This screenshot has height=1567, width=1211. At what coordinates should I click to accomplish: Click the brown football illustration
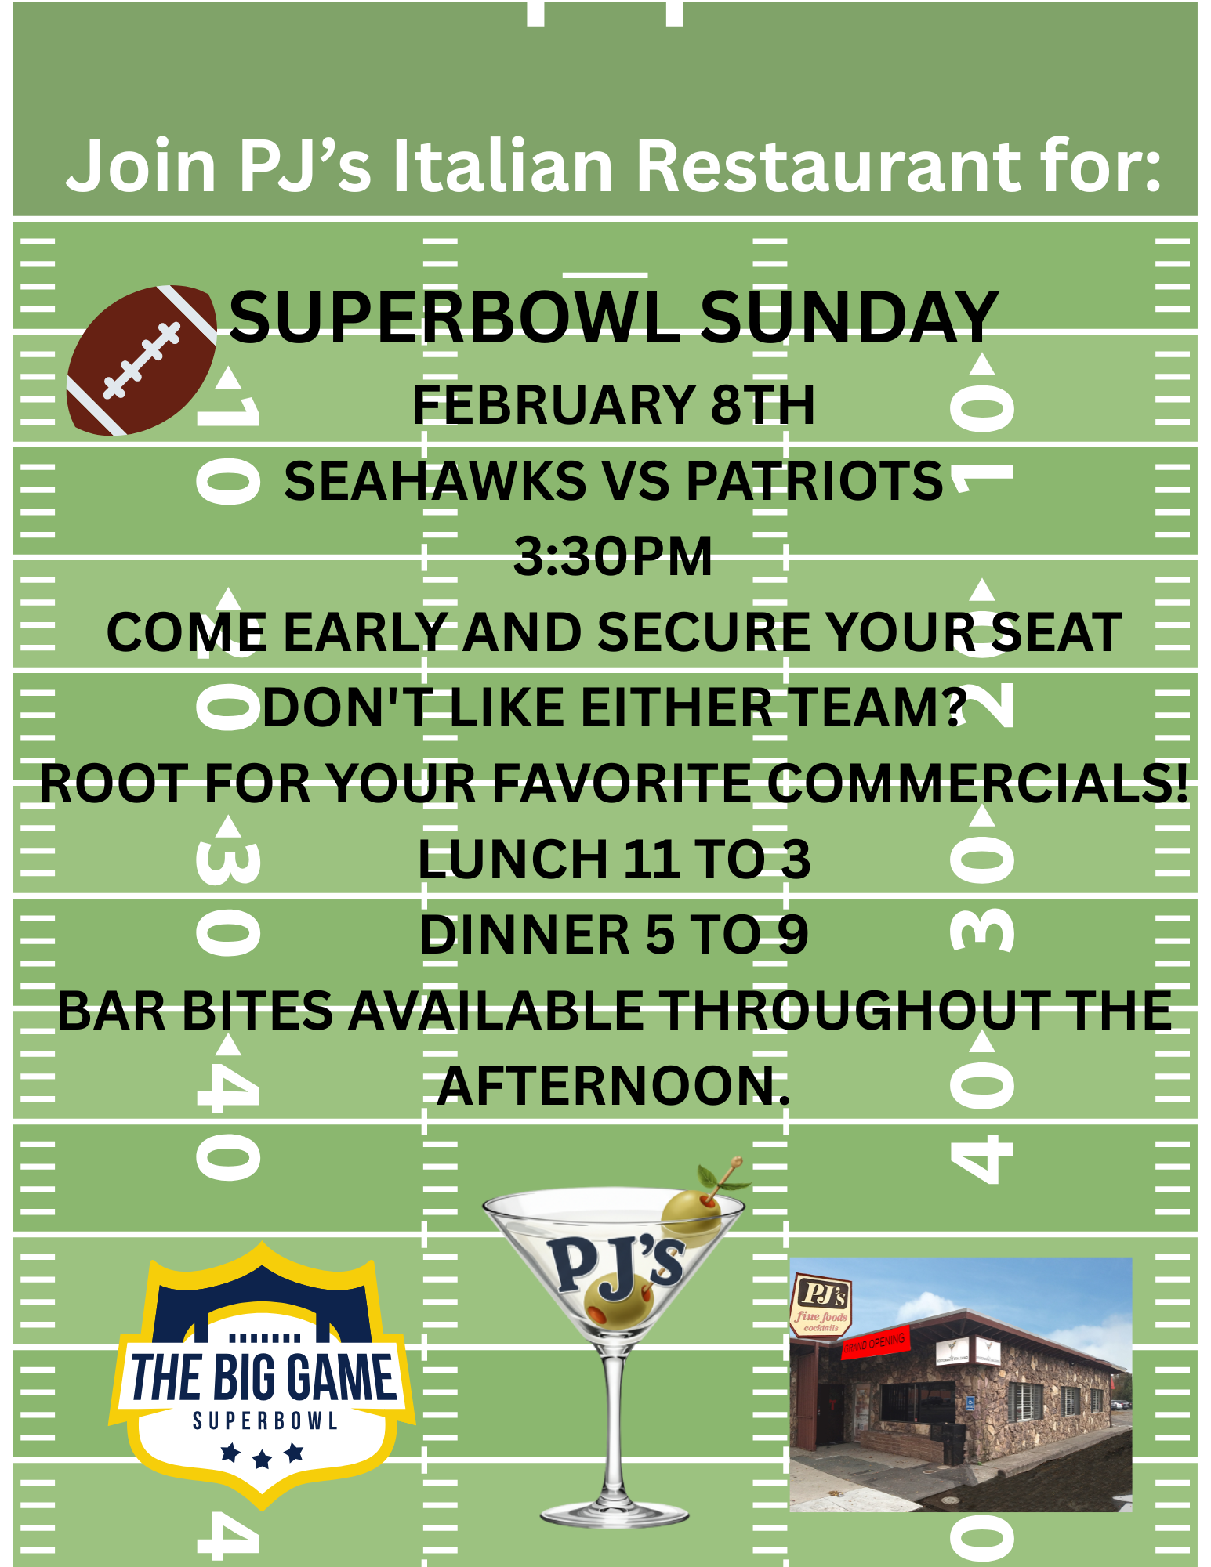[x=141, y=360]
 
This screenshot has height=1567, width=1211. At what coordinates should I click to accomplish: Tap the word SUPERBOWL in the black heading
[x=455, y=317]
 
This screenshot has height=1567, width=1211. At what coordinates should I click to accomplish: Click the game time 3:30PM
[x=613, y=556]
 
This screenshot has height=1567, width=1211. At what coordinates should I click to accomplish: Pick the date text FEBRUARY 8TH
[x=613, y=405]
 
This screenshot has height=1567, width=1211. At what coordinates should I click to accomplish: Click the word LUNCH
[x=514, y=859]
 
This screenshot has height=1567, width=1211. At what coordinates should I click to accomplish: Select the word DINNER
[x=524, y=935]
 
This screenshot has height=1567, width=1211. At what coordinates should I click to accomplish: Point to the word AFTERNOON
[x=613, y=1087]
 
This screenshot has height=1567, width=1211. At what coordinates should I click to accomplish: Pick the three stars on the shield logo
[x=263, y=1456]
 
